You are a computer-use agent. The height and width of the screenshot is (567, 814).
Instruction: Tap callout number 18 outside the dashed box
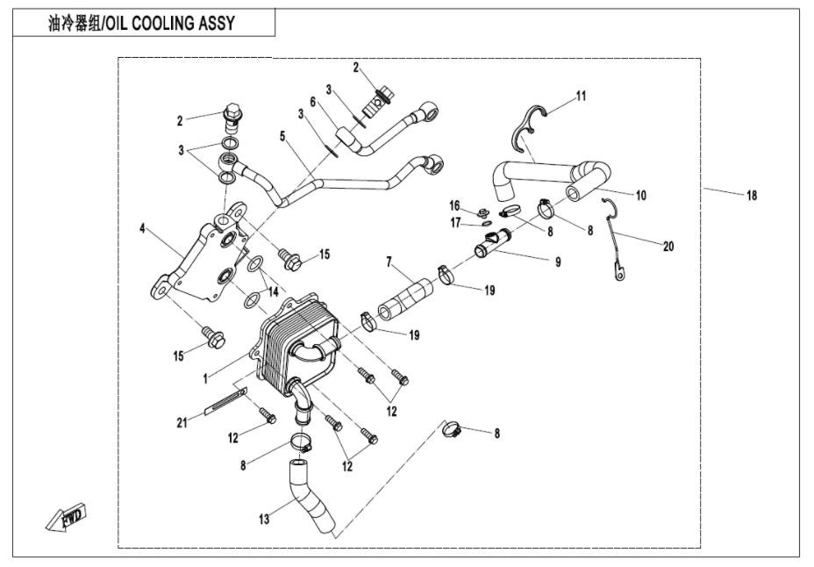click(752, 196)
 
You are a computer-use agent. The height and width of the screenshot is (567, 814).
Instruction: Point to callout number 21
click(182, 423)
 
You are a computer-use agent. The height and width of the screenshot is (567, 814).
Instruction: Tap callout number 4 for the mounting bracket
click(143, 229)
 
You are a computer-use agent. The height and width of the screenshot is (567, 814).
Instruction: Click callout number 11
click(580, 95)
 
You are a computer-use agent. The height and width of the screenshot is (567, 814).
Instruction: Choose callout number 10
click(641, 195)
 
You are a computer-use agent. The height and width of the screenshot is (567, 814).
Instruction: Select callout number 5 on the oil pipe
click(282, 136)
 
